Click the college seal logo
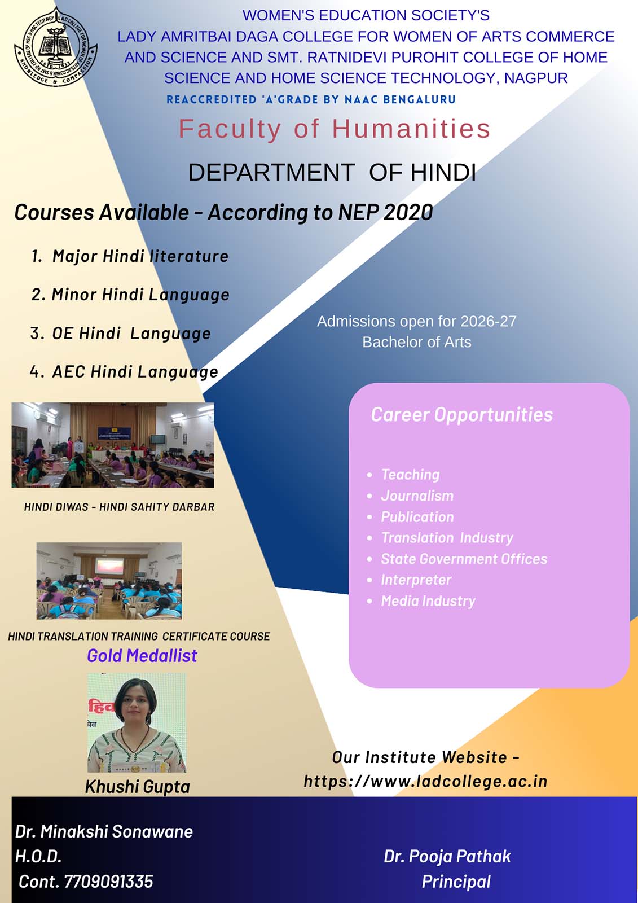pyautogui.click(x=56, y=46)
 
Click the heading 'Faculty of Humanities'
pyautogui.click(x=335, y=129)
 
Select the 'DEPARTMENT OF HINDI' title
pyautogui.click(x=332, y=172)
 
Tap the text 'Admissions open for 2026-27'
pyautogui.click(x=417, y=321)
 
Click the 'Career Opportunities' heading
pyautogui.click(x=462, y=415)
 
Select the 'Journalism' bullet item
pyautogui.click(x=417, y=496)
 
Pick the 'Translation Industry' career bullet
pyautogui.click(x=447, y=538)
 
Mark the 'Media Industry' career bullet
pyautogui.click(x=428, y=601)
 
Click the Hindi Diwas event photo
pyautogui.click(x=113, y=445)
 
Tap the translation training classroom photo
pyautogui.click(x=109, y=581)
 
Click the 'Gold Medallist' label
pyautogui.click(x=142, y=656)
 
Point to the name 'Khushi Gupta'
pyautogui.click(x=138, y=787)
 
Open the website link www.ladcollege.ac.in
pyautogui.click(x=425, y=782)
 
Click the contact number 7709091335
pyautogui.click(x=108, y=882)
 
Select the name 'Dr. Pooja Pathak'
pyautogui.click(x=447, y=857)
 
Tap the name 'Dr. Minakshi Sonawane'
pyautogui.click(x=104, y=832)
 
